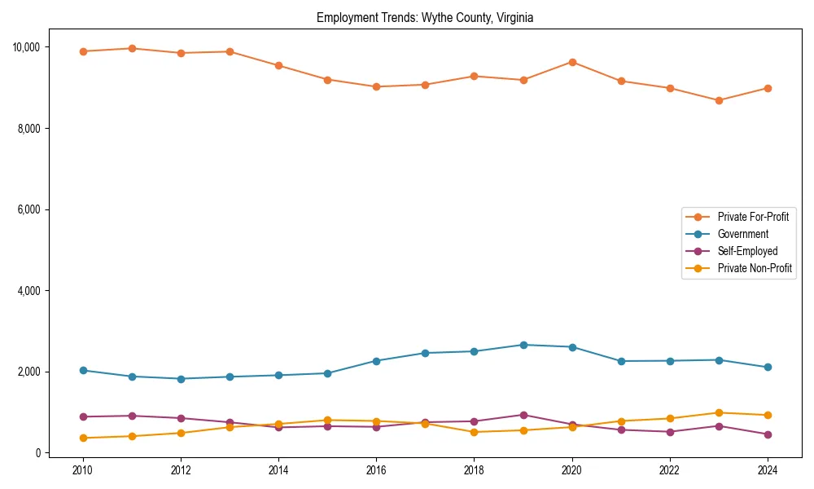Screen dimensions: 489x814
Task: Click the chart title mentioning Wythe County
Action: click(x=425, y=17)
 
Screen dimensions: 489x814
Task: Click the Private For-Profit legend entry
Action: click(x=748, y=217)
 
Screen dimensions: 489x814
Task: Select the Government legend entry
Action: click(x=742, y=234)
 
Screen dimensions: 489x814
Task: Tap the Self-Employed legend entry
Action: click(x=747, y=251)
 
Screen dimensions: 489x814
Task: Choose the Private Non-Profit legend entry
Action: click(x=755, y=268)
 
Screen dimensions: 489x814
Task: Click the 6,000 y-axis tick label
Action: click(x=28, y=209)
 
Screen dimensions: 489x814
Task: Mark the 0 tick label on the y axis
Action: click(x=37, y=453)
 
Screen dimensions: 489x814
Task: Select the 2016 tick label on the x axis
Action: click(x=376, y=470)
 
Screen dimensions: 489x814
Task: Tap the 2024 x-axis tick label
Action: click(x=768, y=470)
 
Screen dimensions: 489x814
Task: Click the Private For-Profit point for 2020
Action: click(x=572, y=62)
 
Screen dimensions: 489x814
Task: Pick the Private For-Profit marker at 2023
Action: click(x=719, y=100)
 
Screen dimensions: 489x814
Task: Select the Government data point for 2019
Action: click(x=523, y=345)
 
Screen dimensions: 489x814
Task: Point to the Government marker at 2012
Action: click(x=181, y=378)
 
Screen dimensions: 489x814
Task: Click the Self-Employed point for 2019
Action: click(x=523, y=415)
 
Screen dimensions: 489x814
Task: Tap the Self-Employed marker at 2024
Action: click(x=768, y=434)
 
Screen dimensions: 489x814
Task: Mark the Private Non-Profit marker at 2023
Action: click(x=719, y=412)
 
